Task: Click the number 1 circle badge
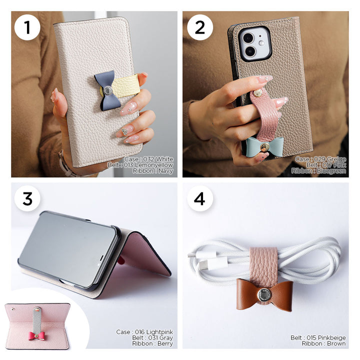(x=27, y=27)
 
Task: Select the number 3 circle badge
(x=27, y=198)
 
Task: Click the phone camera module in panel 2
(x=254, y=44)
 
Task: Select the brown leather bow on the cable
(x=264, y=294)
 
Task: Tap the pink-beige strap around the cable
(x=263, y=263)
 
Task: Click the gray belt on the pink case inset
(x=36, y=317)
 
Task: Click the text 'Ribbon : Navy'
(x=153, y=171)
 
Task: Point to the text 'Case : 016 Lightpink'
(x=144, y=332)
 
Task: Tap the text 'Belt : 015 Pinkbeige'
(x=318, y=338)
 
